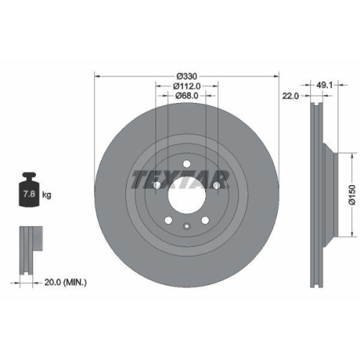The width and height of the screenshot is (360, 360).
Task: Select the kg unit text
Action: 46,195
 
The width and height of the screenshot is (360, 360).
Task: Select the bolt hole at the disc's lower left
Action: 168,220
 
